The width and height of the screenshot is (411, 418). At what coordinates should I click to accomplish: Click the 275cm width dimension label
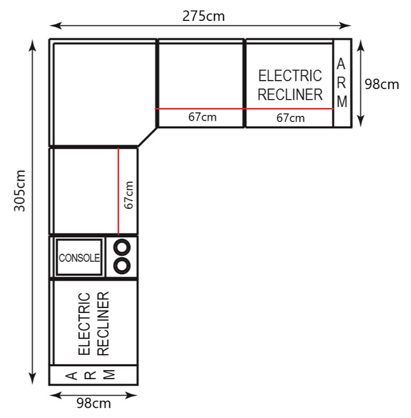pyautogui.click(x=204, y=16)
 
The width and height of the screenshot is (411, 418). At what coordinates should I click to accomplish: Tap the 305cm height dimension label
pyautogui.click(x=20, y=190)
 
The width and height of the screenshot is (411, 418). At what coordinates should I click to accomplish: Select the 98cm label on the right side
pyautogui.click(x=382, y=84)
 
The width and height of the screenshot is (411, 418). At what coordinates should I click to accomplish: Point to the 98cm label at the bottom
pyautogui.click(x=94, y=403)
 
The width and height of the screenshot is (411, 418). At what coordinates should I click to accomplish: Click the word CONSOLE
pyautogui.click(x=79, y=258)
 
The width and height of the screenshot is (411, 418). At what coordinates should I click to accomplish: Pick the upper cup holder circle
pyautogui.click(x=122, y=247)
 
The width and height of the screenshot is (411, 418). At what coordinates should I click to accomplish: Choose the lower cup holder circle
pyautogui.click(x=122, y=266)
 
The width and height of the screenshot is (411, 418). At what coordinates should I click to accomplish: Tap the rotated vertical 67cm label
pyautogui.click(x=128, y=195)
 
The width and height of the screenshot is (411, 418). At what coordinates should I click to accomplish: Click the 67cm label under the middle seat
pyautogui.click(x=203, y=117)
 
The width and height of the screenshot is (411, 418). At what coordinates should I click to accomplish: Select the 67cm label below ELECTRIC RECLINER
pyautogui.click(x=290, y=118)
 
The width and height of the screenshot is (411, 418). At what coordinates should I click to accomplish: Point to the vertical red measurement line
pyautogui.click(x=118, y=192)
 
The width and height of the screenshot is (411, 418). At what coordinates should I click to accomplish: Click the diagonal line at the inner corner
pyautogui.click(x=148, y=137)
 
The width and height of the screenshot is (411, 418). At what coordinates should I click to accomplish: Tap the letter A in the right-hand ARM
pyautogui.click(x=341, y=64)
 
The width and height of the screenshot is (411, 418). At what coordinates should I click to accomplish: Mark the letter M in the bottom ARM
pyautogui.click(x=109, y=374)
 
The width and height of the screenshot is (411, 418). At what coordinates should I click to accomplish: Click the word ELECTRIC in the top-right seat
pyautogui.click(x=290, y=76)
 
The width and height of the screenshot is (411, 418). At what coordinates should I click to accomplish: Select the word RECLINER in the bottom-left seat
pyautogui.click(x=103, y=324)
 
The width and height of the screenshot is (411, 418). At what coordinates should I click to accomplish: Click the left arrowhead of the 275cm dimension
pyautogui.click(x=56, y=26)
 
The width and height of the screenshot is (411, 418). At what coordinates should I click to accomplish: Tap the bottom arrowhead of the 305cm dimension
pyautogui.click(x=32, y=379)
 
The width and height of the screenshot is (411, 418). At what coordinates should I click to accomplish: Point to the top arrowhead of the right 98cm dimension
pyautogui.click(x=361, y=45)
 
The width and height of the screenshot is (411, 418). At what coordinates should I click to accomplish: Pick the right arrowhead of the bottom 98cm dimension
pyautogui.click(x=131, y=395)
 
